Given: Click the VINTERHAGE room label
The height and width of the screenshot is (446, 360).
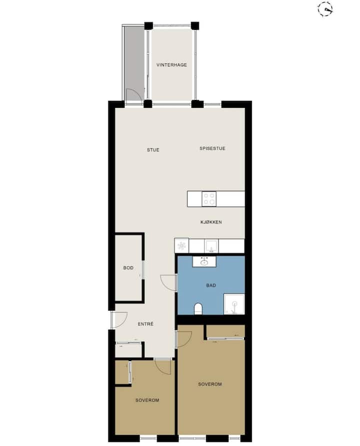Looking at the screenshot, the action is point(171,65).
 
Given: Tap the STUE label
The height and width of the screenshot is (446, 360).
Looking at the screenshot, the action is point(153,150).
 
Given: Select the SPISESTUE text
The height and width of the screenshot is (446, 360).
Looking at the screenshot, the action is point(212,148).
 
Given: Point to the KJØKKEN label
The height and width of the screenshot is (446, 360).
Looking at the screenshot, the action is point(211,222).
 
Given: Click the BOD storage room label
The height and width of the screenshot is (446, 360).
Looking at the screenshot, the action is point(128,268).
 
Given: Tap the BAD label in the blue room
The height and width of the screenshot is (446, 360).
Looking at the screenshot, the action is point(211,285).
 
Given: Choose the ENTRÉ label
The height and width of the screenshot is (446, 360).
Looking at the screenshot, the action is point(145,324).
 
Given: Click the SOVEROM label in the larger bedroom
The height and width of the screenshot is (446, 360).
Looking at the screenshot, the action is point(210,384).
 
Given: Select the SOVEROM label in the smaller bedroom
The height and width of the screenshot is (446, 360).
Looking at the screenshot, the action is point(147,400).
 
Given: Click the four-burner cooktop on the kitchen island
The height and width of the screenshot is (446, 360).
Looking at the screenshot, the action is point(209,199).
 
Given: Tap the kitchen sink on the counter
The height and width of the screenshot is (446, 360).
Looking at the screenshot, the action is point(211,246).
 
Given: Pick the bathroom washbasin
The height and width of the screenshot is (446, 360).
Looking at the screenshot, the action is point(204,261).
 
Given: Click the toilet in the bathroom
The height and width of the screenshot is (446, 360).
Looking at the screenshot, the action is point(198,309).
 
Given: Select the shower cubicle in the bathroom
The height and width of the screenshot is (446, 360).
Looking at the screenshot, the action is point(234,304).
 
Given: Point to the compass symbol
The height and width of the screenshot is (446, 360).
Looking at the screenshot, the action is point(325,9).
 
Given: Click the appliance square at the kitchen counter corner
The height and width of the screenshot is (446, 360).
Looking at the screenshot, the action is point(181,246).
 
